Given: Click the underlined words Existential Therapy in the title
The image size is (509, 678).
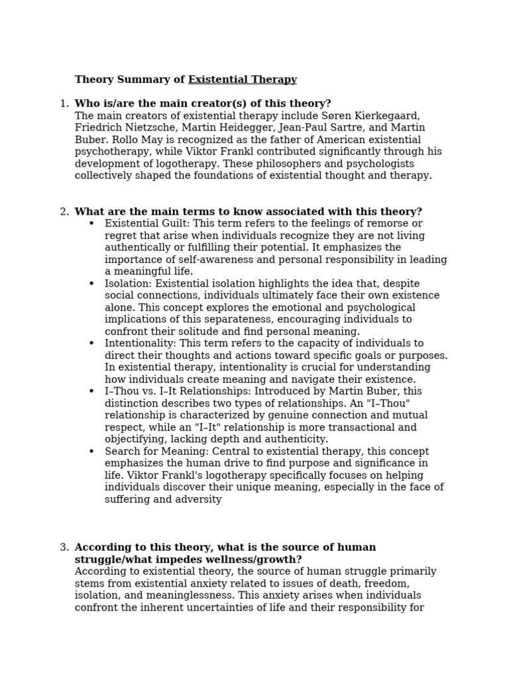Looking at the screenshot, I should (243, 80).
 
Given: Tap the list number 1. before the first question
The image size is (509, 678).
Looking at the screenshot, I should (64, 104).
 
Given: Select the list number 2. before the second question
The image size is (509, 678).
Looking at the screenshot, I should (64, 212).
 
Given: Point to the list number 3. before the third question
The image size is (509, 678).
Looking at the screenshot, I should (64, 548).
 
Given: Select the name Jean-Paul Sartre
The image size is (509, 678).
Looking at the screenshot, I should (319, 128).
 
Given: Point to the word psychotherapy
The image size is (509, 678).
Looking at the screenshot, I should (109, 152).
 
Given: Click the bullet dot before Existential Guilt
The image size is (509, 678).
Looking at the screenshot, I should (91, 224).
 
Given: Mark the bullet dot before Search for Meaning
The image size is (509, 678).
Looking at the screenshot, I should (91, 452).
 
